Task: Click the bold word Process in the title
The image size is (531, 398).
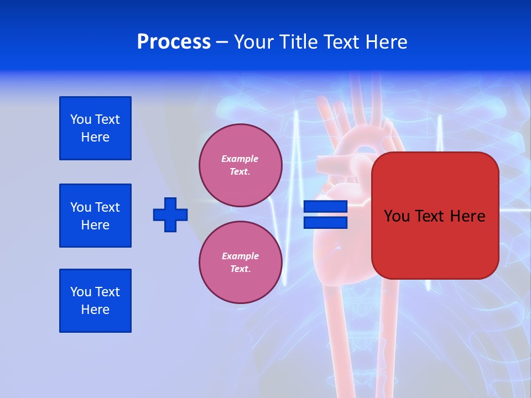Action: coord(174,42)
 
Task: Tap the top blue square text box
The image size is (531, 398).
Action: coord(95,128)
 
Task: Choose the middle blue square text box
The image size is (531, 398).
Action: coord(95,216)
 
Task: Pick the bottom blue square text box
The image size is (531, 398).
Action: coord(95,301)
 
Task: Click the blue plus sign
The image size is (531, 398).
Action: coord(170,214)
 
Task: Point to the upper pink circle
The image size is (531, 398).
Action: coord(240,165)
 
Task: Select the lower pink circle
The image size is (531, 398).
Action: coord(240,263)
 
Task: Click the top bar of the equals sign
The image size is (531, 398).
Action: coord(325,207)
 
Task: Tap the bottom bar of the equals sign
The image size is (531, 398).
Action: coord(325,223)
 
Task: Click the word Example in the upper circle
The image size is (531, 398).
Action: coord(240,159)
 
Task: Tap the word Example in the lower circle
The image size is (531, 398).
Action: coord(240,256)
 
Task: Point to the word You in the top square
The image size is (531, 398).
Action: coord(81,119)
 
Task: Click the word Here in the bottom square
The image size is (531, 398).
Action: coord(95,310)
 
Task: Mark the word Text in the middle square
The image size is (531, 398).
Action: coord(107,207)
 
